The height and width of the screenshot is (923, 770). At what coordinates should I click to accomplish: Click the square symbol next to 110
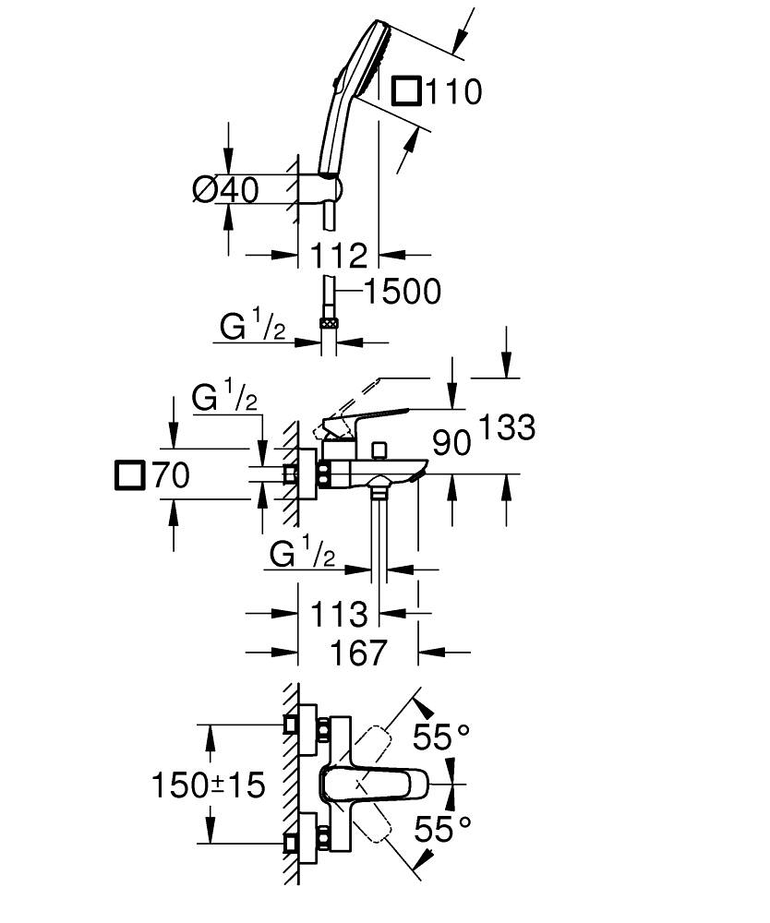pos(406,91)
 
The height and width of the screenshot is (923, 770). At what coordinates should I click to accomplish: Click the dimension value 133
pos(507,427)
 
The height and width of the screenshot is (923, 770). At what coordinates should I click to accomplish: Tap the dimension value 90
pos(451,442)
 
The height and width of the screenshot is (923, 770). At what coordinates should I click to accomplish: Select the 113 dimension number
pos(338,613)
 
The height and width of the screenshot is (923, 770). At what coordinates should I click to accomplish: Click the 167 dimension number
pos(357,653)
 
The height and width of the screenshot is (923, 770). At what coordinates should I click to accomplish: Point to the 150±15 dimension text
pos(209,785)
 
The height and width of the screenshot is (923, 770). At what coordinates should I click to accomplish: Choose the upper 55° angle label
pos(441,737)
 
